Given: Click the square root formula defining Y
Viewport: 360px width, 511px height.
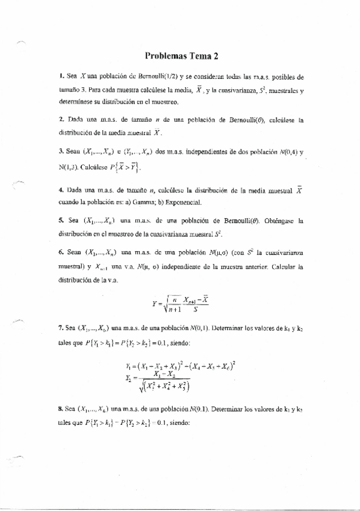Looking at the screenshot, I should [181, 299].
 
